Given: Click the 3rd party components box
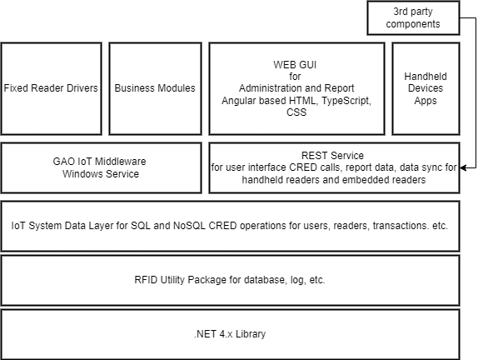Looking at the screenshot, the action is coord(413,17).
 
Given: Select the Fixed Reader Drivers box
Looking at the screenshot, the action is coord(51,89).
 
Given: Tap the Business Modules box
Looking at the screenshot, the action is coord(155,89).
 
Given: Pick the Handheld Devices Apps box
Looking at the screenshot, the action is coord(426,89).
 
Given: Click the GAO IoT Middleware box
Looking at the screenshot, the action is coord(102,168).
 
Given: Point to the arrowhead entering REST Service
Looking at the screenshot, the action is coord(463,167).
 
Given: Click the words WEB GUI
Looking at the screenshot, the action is coord(295,65).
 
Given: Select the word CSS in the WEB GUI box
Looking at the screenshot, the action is coord(296,112).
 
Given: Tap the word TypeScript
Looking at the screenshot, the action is coord(346,101).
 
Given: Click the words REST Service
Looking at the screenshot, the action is coord(332,155).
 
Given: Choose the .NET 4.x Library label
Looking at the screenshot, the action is coord(230,334).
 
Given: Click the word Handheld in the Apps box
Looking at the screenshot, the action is coord(426,77).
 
